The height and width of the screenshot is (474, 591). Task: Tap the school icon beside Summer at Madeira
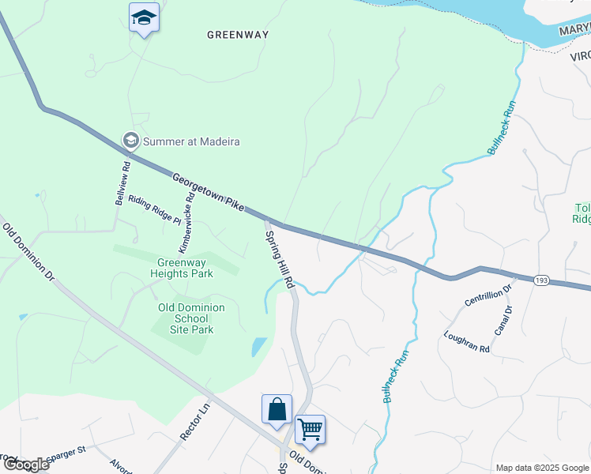pyautogui.click(x=130, y=141)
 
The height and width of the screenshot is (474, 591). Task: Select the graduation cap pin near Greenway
pyautogui.click(x=144, y=17)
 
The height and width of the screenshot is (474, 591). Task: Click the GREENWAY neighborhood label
pyautogui.click(x=238, y=35)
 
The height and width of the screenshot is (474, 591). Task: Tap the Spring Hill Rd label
pyautogui.click(x=280, y=258)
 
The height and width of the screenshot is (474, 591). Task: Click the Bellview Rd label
pyautogui.click(x=122, y=184)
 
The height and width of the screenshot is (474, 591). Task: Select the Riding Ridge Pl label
pyautogui.click(x=155, y=211)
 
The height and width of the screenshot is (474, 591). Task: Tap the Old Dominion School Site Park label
pyautogui.click(x=191, y=318)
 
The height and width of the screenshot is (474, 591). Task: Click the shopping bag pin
pyautogui.click(x=277, y=409)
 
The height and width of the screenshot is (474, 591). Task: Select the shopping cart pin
pyautogui.click(x=311, y=430)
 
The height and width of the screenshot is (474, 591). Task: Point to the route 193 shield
pyautogui.click(x=542, y=280)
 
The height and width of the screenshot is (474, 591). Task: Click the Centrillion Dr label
pyautogui.click(x=489, y=297)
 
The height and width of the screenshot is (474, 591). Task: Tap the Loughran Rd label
pyautogui.click(x=467, y=340)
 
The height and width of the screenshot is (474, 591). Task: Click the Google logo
pyautogui.click(x=26, y=465)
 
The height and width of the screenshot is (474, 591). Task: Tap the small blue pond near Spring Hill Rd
pyautogui.click(x=258, y=347)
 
